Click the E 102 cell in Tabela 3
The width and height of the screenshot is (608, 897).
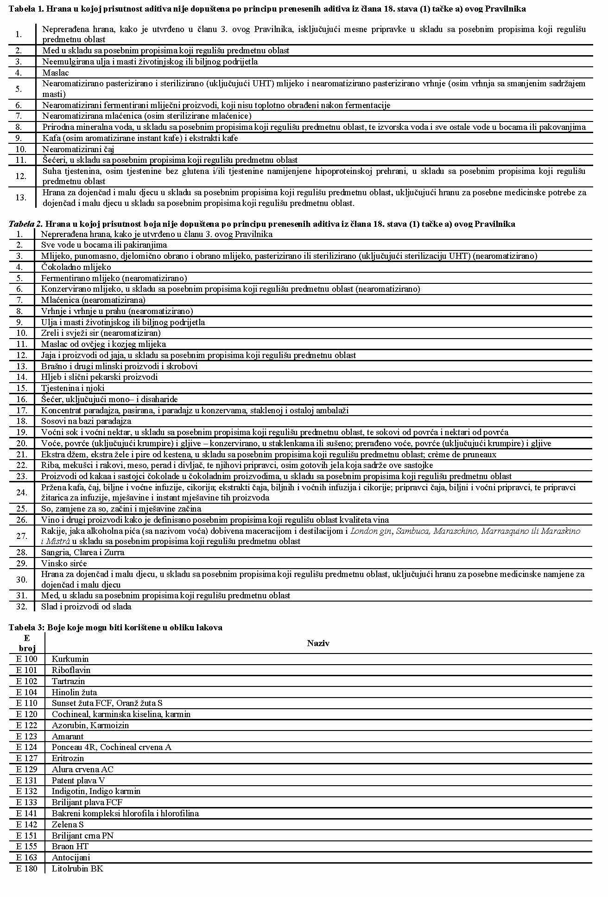tap(26, 681)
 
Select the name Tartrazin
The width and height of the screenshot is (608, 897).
tap(68, 681)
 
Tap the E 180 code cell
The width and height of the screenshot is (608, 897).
tap(26, 868)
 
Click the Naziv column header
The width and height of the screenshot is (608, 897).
tap(318, 643)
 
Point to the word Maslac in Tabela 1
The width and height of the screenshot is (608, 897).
tap(55, 73)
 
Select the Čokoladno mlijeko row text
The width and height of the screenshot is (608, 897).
tap(76, 267)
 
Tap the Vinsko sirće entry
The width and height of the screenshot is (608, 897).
tap(64, 563)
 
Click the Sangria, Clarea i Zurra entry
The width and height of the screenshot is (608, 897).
tap(82, 552)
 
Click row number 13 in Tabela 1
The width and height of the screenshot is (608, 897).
tap(20, 198)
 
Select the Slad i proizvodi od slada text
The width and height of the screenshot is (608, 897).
tap(86, 606)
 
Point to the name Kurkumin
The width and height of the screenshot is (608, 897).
tap(70, 659)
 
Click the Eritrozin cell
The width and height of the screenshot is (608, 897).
tap(68, 758)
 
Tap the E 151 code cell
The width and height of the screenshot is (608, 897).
tap(26, 835)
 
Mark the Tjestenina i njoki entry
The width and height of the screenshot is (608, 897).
tap(73, 388)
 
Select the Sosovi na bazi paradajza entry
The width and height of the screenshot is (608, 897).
tap(86, 421)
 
